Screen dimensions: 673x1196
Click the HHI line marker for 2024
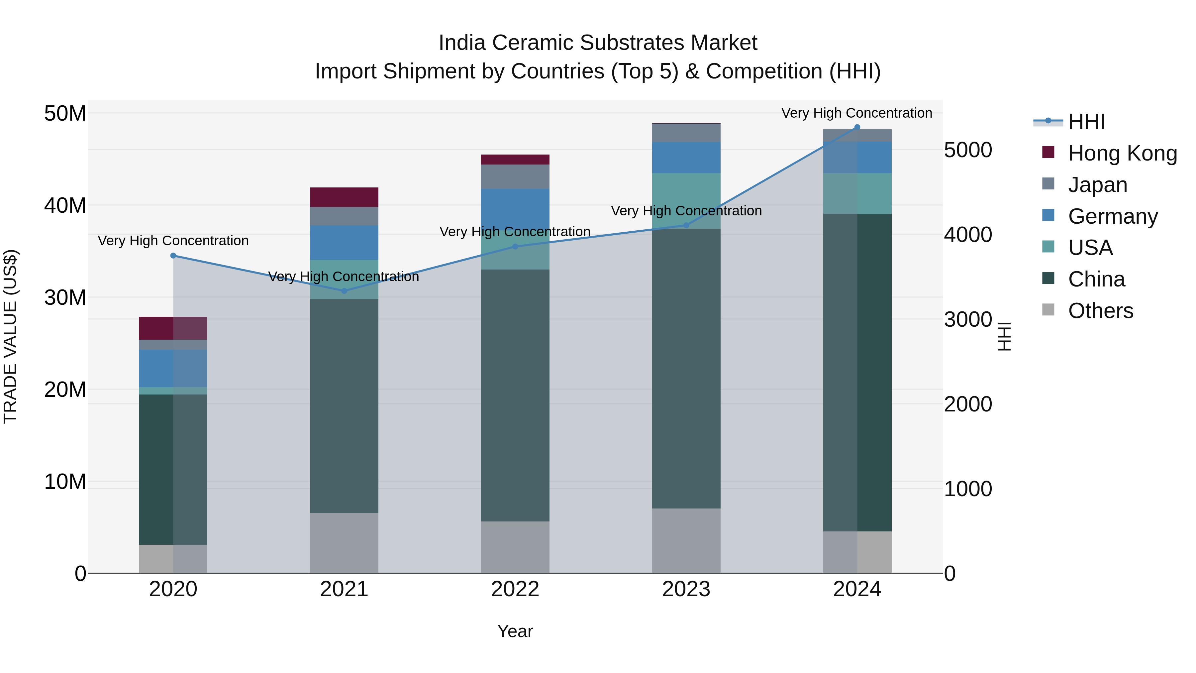point(857,127)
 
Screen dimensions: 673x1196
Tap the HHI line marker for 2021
point(344,291)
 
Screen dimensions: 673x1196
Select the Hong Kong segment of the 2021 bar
point(344,197)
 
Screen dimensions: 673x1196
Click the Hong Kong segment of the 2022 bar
point(515,160)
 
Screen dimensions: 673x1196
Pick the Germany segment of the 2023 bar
point(686,158)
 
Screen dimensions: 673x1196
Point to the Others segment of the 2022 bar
point(515,547)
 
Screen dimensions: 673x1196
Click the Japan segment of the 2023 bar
point(686,133)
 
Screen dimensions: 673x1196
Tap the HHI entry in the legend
point(1086,122)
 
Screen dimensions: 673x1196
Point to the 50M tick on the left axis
point(65,114)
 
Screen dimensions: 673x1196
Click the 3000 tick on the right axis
point(968,319)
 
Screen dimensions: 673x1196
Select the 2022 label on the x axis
point(515,589)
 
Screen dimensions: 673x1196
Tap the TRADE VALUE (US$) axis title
point(10,336)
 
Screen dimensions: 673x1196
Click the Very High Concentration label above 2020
point(173,241)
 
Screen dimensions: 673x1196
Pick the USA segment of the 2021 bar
point(344,279)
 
